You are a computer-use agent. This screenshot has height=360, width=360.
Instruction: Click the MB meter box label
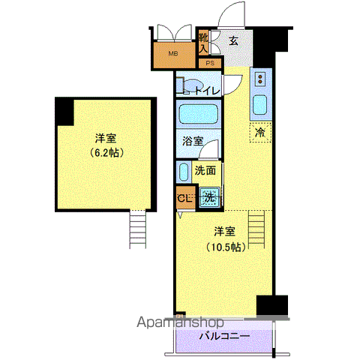tap(173, 53)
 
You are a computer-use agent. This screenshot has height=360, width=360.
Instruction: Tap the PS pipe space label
tap(210, 63)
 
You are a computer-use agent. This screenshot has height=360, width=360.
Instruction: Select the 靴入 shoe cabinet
tap(203, 43)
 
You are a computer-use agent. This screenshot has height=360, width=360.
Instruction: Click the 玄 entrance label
tap(234, 41)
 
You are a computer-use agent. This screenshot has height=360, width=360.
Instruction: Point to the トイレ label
tap(207, 91)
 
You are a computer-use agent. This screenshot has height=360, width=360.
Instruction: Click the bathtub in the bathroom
tap(199, 114)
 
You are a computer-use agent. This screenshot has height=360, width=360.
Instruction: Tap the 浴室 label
tap(193, 141)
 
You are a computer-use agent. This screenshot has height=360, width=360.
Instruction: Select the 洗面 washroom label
tap(205, 170)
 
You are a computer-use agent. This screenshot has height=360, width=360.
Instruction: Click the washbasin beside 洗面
tap(184, 172)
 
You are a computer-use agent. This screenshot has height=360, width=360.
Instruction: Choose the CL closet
tap(185, 197)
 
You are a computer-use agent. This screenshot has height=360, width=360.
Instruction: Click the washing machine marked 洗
tap(209, 197)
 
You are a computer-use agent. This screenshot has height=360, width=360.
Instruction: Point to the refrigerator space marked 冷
tap(260, 133)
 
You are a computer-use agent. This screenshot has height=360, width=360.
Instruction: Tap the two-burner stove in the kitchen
tap(260, 79)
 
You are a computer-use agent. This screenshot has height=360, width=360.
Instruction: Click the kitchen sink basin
tap(259, 105)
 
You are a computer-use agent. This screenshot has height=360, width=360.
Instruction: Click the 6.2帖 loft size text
tap(106, 152)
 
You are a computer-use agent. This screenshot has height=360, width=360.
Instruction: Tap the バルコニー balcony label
tap(224, 336)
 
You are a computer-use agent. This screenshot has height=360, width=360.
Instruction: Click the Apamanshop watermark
tap(180, 322)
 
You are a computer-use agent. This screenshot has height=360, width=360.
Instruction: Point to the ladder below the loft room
tap(137, 229)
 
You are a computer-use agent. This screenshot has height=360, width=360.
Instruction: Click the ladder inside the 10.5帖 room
tap(256, 229)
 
